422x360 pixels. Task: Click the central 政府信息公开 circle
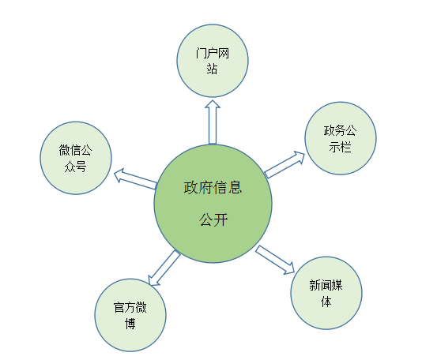tap(213, 204)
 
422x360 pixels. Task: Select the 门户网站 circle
tap(213, 61)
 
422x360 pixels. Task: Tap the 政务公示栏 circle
tap(341, 138)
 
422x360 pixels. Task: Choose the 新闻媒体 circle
tap(326, 293)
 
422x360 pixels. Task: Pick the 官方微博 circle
tap(130, 315)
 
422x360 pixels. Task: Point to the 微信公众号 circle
tap(76, 158)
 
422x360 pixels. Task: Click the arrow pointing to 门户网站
tap(213, 122)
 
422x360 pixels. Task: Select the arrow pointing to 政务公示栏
tap(284, 164)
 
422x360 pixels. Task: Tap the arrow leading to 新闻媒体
tap(275, 260)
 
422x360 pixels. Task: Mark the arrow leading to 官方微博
tap(164, 268)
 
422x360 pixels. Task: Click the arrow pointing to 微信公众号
tap(135, 178)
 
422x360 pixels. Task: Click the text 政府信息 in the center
tap(213, 187)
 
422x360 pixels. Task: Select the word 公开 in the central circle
tap(213, 219)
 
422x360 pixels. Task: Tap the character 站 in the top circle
tap(212, 69)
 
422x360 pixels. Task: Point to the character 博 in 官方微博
tap(130, 324)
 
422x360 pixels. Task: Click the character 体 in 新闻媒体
tap(326, 302)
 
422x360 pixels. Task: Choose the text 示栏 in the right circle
tap(340, 147)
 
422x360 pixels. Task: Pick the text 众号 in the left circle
tap(76, 167)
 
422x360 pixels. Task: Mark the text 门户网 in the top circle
tap(213, 53)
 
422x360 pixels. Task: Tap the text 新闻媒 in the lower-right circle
tap(326, 285)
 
